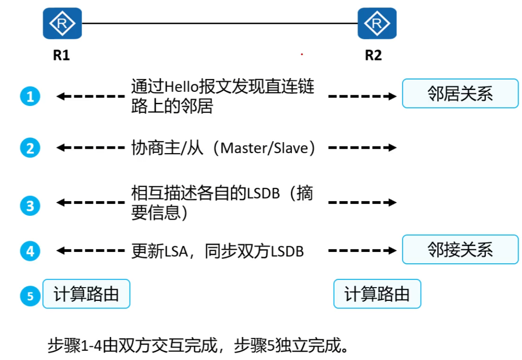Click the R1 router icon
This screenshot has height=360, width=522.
click(62, 23)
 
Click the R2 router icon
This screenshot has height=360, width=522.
click(377, 23)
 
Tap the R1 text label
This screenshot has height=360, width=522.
click(61, 56)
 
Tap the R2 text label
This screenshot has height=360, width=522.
click(373, 56)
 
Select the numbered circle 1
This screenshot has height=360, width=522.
click(30, 96)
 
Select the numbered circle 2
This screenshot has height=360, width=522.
click(30, 148)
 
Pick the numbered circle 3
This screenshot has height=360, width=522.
click(30, 206)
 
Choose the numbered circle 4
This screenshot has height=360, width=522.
click(30, 251)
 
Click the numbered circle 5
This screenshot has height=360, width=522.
click(30, 296)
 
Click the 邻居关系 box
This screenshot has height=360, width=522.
click(460, 94)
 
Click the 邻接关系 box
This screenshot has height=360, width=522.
click(460, 250)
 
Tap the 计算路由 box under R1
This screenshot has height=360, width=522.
click(86, 294)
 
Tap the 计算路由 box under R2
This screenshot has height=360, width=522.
click(377, 294)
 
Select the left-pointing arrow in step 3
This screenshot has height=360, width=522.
click(90, 202)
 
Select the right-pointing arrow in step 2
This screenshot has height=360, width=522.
click(362, 148)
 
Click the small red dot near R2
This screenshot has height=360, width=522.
click(302, 54)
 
